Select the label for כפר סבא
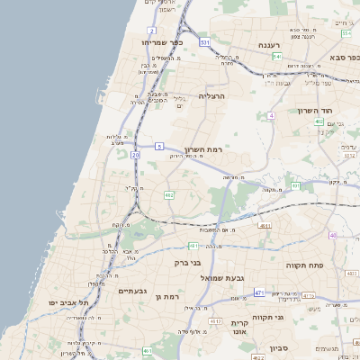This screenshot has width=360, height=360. [x=343, y=57]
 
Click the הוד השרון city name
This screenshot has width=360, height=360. [x=316, y=111]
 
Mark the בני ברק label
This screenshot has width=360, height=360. [x=187, y=263]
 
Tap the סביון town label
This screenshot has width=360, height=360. [x=278, y=346]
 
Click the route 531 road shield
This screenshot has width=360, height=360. [x=205, y=41]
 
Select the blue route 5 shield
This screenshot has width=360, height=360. [x=159, y=145]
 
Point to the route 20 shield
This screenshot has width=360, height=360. [x=136, y=155]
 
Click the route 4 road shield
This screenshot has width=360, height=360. [x=271, y=116]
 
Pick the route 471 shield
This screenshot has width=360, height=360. [x=259, y=292]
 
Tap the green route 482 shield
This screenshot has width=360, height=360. [x=168, y=194]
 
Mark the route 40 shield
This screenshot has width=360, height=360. [x=333, y=235]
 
